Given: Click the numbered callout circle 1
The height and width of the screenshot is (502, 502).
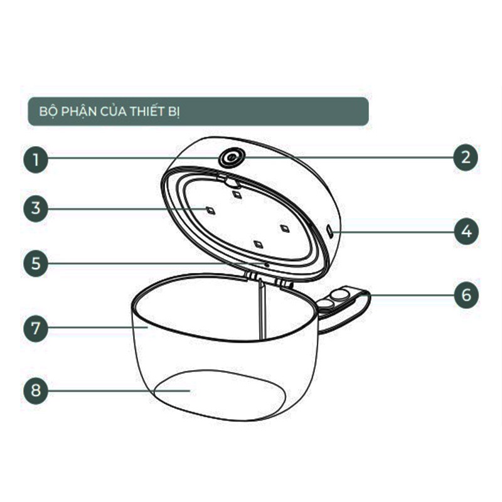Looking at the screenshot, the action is coord(36,159).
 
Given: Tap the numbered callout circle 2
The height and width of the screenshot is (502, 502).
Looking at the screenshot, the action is coord(466,158).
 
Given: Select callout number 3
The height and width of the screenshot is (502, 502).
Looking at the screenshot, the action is coord(36,209).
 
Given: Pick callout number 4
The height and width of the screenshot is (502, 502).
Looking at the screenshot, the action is coord(466,231).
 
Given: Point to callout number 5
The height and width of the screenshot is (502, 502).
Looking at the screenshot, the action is coord(36,264).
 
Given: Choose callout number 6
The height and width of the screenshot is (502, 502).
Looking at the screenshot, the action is coord(466,295).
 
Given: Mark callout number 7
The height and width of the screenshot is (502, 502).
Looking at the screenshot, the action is coord(36,328).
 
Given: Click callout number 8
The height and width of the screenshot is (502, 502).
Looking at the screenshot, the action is coord(36,390).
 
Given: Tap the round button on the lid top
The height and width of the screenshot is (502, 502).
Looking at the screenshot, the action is coord(231,158).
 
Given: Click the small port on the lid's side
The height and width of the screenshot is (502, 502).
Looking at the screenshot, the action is coord(330,231).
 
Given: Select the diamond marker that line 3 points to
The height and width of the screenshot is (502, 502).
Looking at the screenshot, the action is coord(211,211).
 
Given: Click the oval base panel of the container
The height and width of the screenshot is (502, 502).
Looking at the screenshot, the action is coord(220,395).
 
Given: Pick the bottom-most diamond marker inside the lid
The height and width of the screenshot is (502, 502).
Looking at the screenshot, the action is coord(259,245).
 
